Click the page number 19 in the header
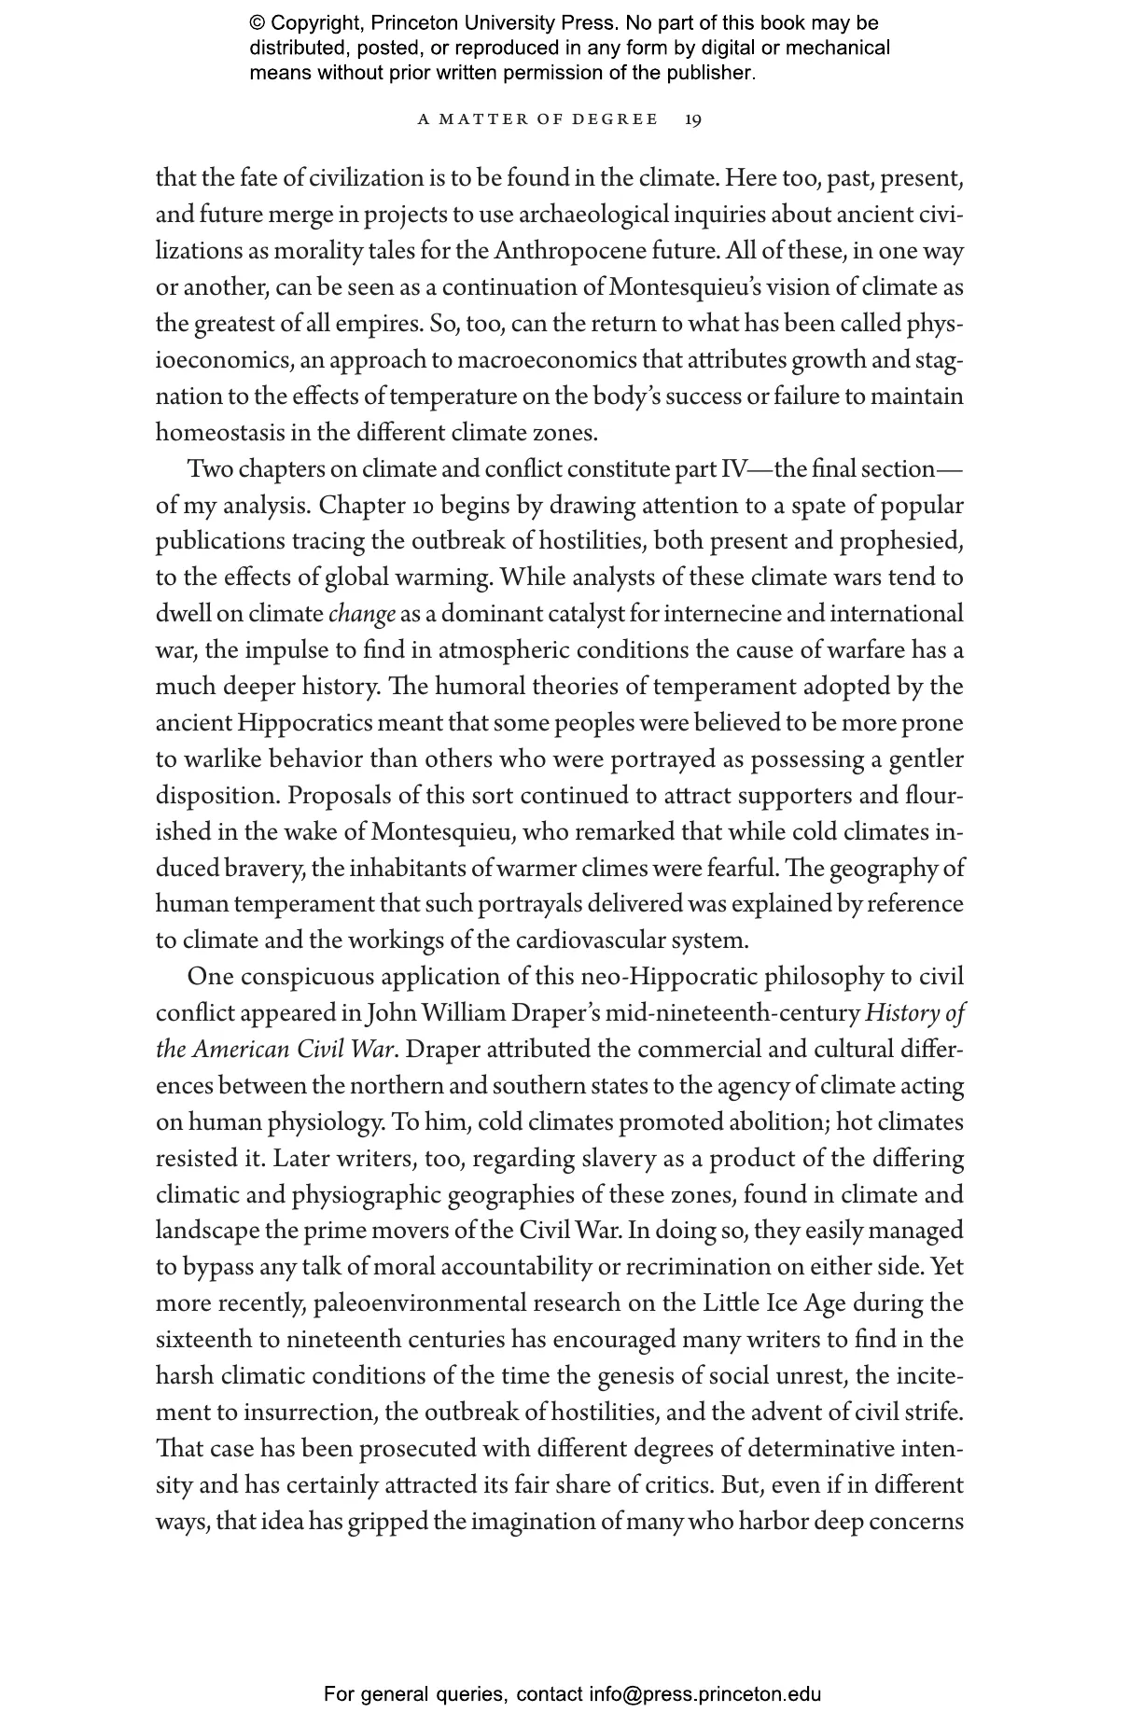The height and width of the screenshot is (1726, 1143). tap(693, 119)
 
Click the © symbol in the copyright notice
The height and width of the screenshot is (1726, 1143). tap(258, 23)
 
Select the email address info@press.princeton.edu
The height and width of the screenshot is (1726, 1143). tap(704, 1694)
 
